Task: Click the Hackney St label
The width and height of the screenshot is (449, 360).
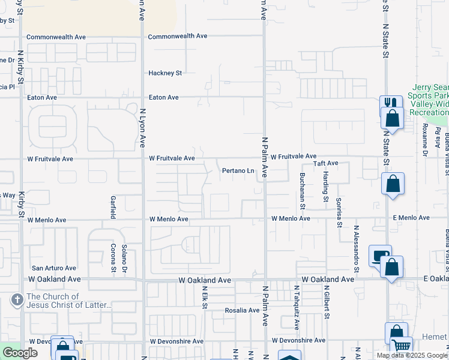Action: tap(165, 73)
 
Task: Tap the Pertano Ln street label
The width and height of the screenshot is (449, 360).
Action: tap(239, 171)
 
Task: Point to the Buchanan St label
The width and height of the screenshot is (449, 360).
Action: tap(303, 191)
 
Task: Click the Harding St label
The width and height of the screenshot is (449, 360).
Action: tap(325, 186)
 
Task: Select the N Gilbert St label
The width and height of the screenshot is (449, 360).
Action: tap(328, 302)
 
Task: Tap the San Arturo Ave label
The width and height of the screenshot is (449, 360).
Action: tap(54, 268)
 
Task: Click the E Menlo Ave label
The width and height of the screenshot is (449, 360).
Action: tap(411, 218)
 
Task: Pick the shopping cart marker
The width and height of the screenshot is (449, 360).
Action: tap(401, 346)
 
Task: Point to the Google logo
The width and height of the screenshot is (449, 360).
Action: tap(20, 353)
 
